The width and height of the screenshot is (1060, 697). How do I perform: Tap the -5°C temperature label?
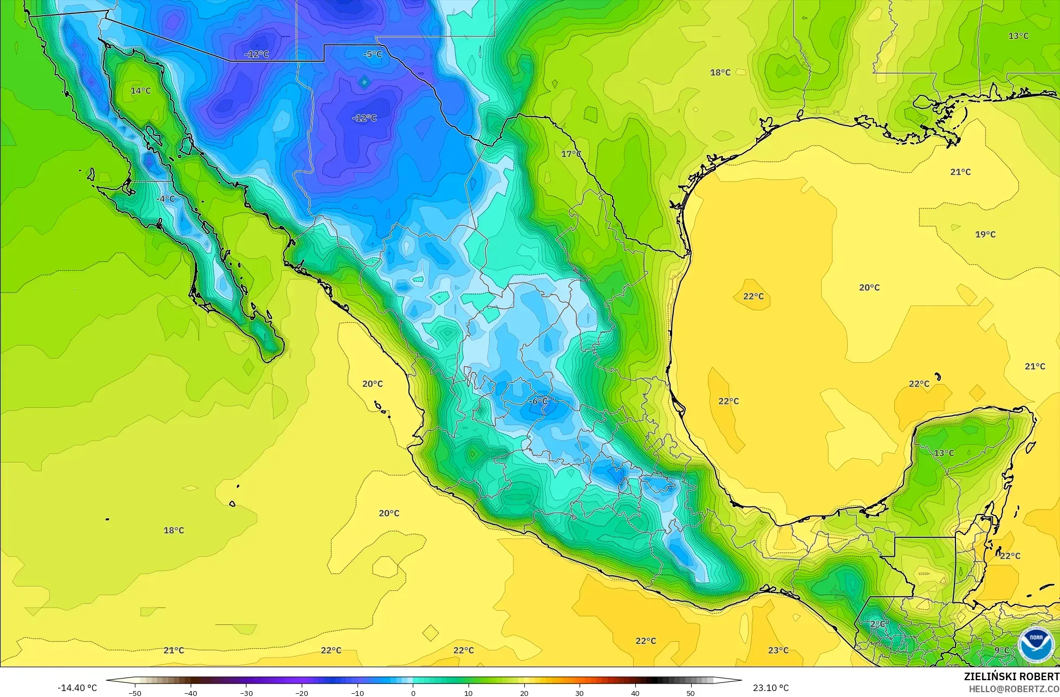[x=373, y=54]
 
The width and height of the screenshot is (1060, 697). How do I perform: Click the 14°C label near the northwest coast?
[x=141, y=90]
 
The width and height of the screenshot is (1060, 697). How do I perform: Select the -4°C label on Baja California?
[x=166, y=199]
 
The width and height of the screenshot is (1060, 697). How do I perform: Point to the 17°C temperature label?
[x=571, y=154]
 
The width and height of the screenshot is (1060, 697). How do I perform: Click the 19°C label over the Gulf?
[x=985, y=234]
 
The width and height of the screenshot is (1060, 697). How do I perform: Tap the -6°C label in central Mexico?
[x=538, y=401]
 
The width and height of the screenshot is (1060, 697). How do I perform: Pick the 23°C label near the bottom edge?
[x=778, y=650]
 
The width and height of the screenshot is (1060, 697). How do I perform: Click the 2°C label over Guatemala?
[x=877, y=624]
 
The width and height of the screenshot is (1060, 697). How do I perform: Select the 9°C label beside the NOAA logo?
[x=1002, y=650]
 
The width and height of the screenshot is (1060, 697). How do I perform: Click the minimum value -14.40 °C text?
[x=77, y=688]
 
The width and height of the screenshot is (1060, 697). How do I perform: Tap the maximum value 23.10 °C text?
[x=771, y=688]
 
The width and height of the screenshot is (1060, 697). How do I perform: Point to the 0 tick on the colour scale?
[x=413, y=693]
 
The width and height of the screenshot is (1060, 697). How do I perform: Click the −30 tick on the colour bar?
[x=246, y=693]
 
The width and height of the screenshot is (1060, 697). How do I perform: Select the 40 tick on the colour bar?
[x=635, y=693]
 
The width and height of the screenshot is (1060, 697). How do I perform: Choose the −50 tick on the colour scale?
[x=135, y=693]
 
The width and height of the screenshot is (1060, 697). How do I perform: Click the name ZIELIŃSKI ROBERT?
[x=1011, y=676]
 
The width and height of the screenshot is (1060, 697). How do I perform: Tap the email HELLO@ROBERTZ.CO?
[x=1014, y=688]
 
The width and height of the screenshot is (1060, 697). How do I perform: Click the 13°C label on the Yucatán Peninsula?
[x=944, y=453]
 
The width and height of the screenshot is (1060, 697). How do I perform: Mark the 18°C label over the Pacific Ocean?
[x=174, y=530]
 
